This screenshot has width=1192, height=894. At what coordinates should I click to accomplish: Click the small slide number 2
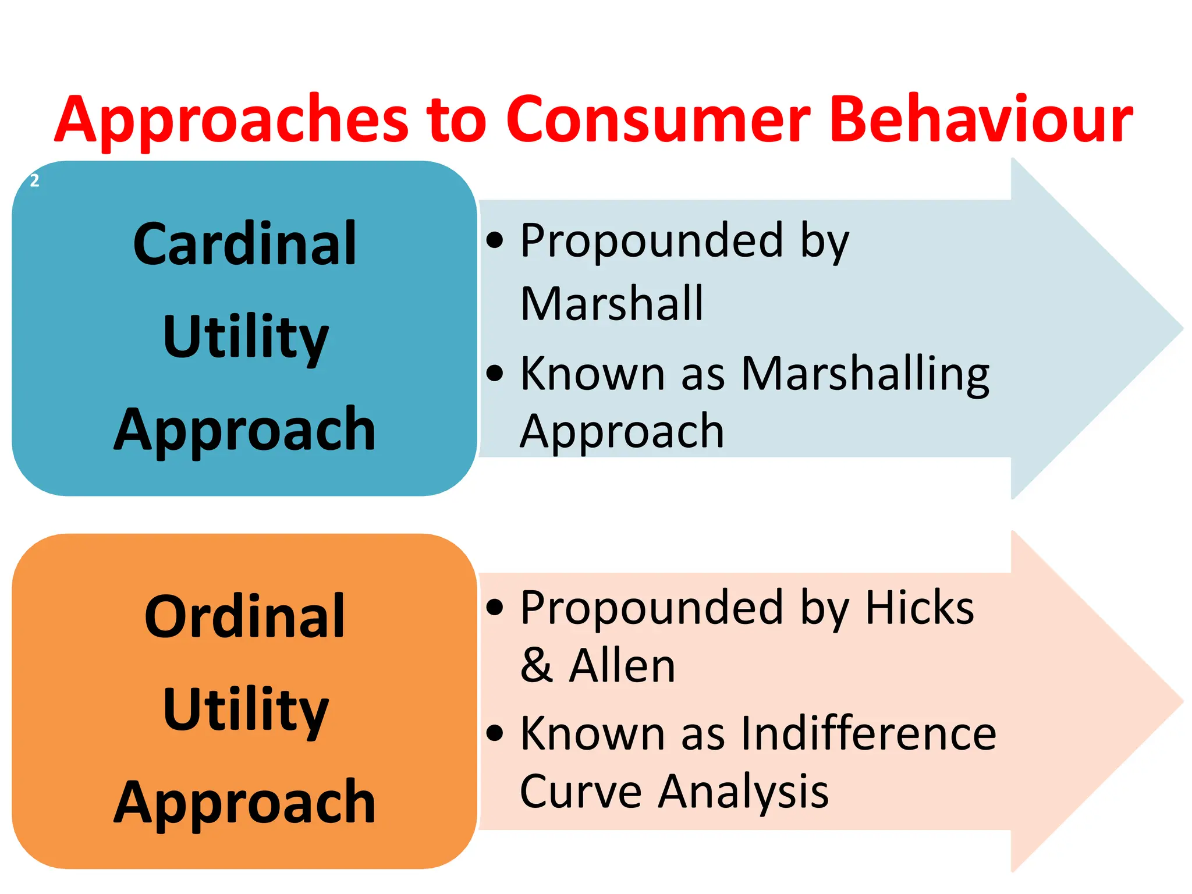35,180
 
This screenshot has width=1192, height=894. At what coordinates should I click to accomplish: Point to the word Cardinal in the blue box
245,244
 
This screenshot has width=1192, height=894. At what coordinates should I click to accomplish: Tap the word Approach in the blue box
245,431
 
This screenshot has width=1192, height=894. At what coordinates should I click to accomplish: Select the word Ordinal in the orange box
245,617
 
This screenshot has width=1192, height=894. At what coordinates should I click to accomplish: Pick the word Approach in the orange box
245,803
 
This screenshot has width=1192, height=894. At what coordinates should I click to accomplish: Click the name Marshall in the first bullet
612,304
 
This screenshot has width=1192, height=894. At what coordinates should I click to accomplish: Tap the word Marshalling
865,374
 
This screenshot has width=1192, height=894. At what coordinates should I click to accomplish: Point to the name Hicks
920,608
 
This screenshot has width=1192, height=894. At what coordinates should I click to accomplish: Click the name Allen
622,666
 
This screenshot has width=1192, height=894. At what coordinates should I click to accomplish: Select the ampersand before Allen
536,666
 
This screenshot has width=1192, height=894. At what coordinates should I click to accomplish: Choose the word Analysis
743,793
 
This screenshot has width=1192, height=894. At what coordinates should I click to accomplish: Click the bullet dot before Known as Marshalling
495,372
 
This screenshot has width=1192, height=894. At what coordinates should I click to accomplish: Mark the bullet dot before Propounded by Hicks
495,607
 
